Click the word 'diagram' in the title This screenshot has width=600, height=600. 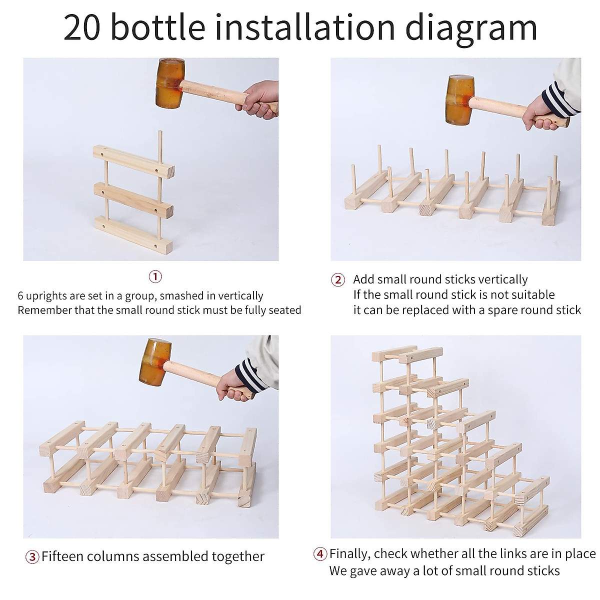(471, 28)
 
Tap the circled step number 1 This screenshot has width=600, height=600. (155, 276)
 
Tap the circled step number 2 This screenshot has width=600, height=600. (338, 280)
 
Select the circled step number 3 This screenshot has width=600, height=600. (32, 557)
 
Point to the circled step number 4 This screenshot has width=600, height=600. (320, 554)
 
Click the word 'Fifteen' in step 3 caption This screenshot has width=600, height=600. (65, 556)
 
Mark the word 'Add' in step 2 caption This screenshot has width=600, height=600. (363, 279)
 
